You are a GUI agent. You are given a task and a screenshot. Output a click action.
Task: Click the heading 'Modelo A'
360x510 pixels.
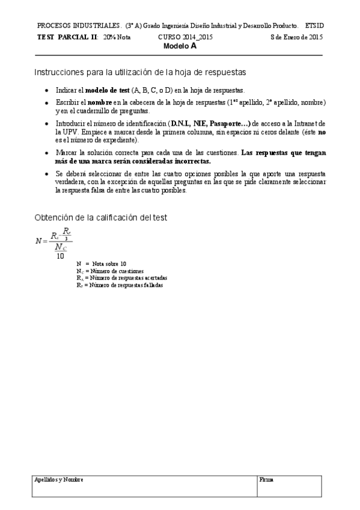point(180,45)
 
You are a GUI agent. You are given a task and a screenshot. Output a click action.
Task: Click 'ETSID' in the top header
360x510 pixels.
point(314,26)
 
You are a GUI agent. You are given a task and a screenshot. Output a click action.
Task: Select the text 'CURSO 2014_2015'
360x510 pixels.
point(185,37)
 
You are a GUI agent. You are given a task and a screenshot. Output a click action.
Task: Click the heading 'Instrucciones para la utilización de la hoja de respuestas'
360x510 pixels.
point(140,72)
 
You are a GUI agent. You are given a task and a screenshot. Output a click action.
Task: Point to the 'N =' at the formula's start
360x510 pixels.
point(41,241)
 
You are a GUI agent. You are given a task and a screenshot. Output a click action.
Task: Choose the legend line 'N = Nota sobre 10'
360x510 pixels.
point(102,264)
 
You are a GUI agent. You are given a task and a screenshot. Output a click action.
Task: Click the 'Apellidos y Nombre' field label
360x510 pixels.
point(58,480)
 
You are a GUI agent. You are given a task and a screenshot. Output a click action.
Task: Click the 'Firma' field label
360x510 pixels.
point(266,480)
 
